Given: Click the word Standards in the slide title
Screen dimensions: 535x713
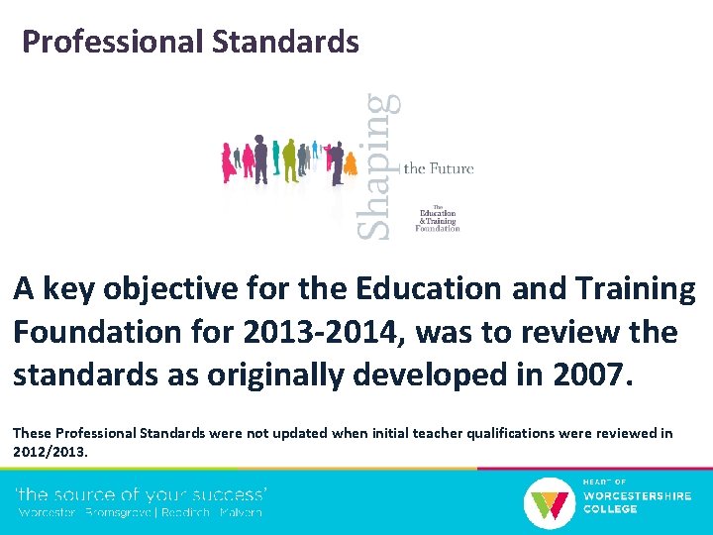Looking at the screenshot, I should pos(284,42).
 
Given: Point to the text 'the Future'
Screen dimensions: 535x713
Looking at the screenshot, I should pos(439,168).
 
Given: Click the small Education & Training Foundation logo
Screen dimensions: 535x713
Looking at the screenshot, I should pos(438,217).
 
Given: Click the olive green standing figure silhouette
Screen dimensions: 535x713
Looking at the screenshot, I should pos(289,159).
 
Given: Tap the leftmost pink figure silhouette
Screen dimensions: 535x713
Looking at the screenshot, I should pos(228,161).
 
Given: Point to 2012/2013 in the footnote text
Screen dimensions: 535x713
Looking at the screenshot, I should pos(51,451).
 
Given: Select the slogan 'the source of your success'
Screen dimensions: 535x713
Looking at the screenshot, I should pos(142,493).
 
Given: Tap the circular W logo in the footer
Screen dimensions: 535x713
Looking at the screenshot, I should pos(547,501).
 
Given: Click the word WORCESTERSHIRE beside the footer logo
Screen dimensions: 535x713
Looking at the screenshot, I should pos(637,495).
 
